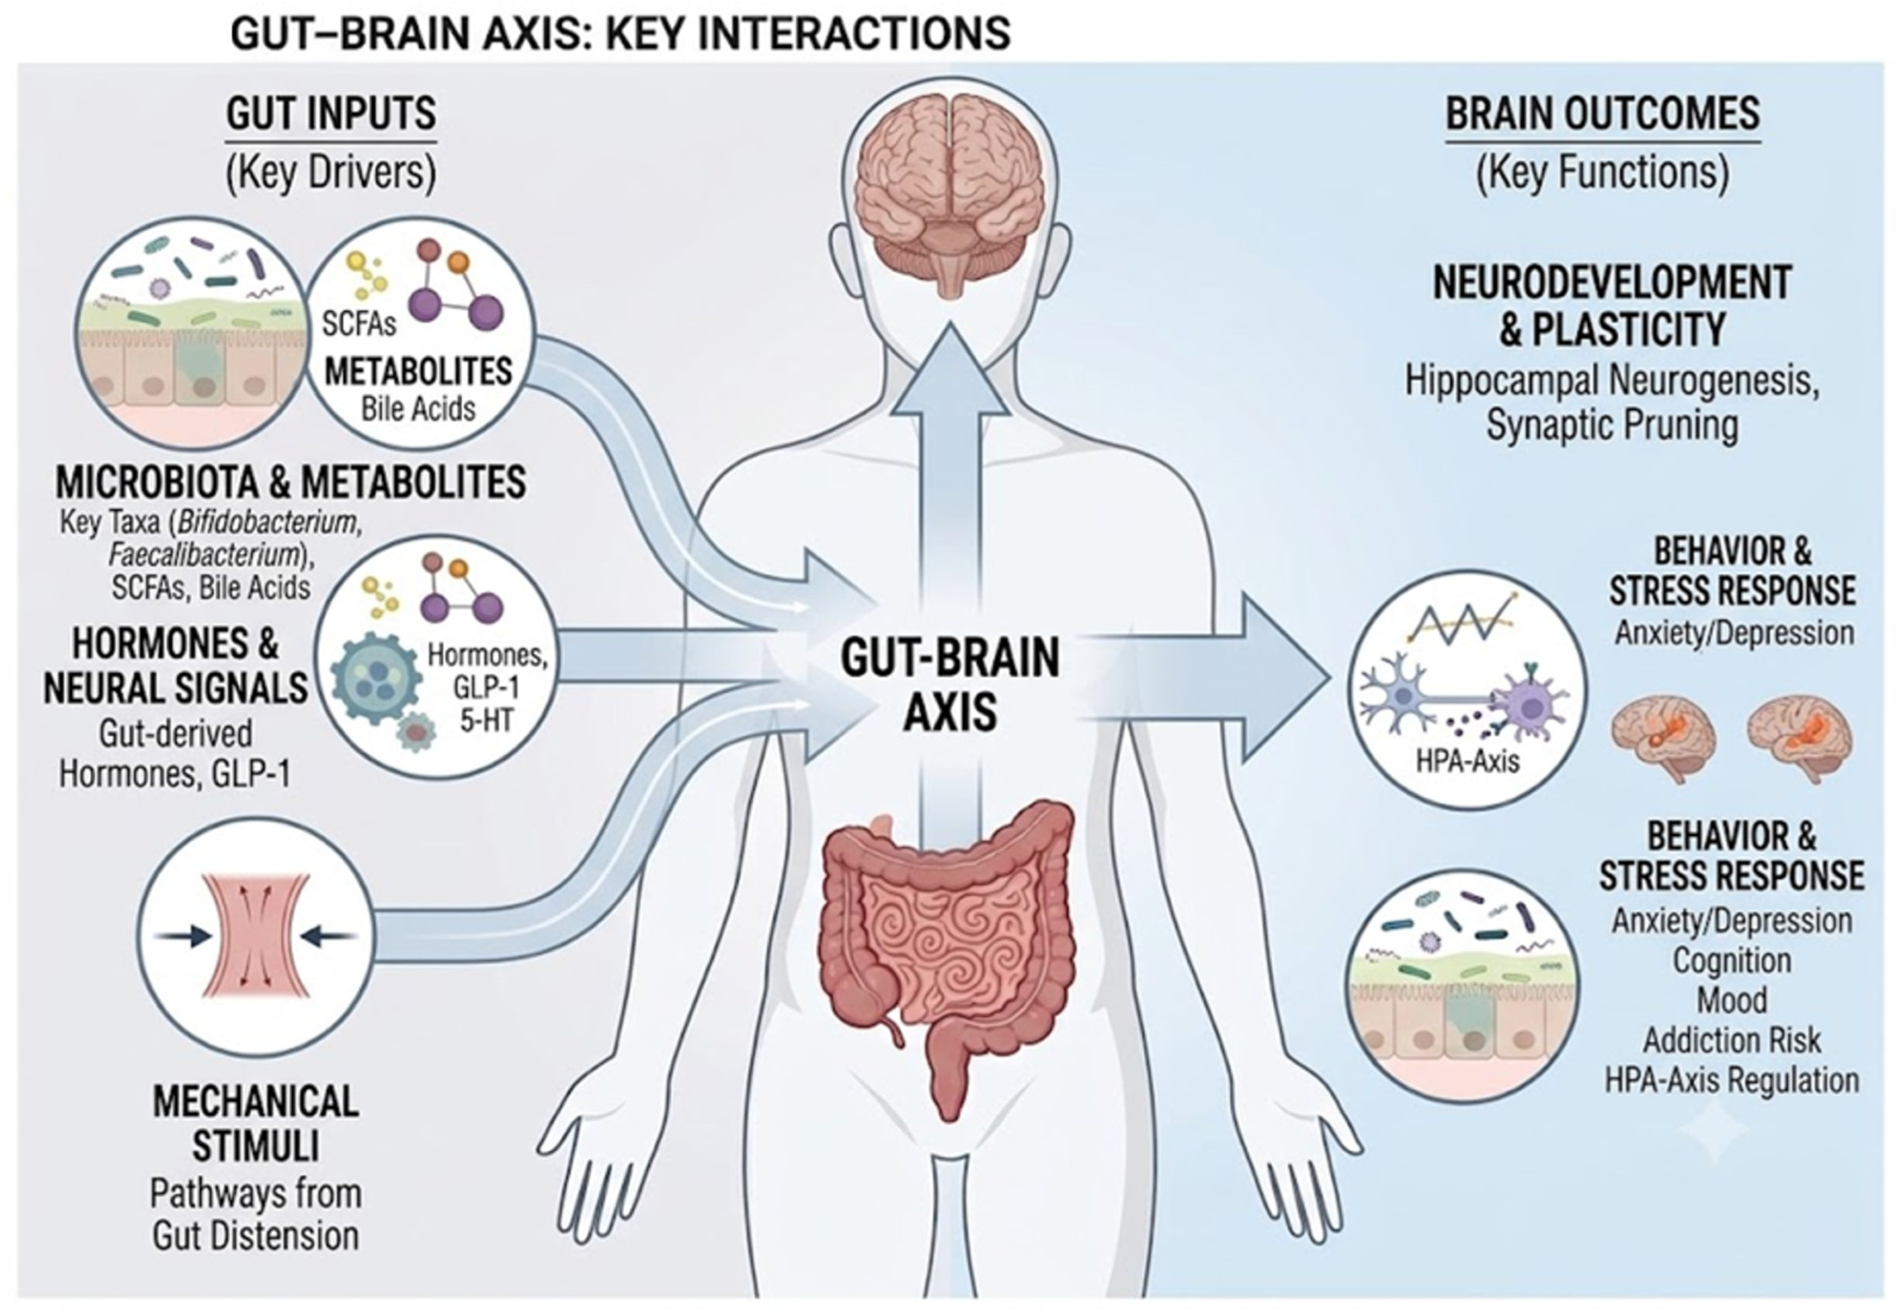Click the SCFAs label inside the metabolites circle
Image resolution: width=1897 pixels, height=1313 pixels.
click(359, 323)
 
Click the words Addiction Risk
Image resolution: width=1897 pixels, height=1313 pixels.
click(1732, 1041)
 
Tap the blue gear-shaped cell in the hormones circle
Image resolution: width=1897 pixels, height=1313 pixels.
click(375, 679)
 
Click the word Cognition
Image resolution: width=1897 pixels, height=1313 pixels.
click(1732, 961)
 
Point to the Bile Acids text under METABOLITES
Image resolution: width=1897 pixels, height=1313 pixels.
click(418, 409)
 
